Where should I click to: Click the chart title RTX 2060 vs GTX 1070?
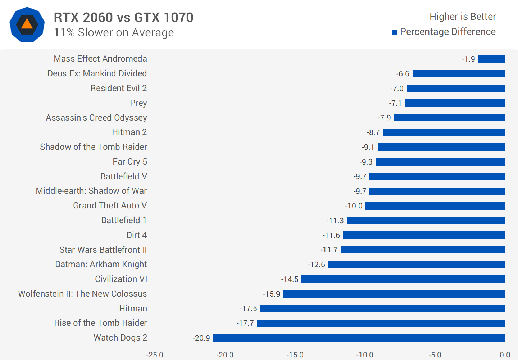(123, 17)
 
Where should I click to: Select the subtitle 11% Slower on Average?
(114, 33)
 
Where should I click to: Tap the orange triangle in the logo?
(27, 24)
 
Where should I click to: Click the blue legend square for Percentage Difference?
(395, 32)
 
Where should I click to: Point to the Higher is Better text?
(463, 17)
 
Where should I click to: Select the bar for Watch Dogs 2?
(359, 338)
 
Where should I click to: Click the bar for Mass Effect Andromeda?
(491, 59)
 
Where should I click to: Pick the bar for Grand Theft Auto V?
(435, 206)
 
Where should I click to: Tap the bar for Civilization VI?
(403, 279)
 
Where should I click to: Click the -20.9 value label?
(201, 338)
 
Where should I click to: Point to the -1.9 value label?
(468, 59)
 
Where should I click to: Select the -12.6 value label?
(316, 265)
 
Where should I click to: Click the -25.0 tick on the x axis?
(155, 355)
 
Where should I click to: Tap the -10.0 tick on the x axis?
(365, 355)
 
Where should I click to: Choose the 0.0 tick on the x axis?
(505, 355)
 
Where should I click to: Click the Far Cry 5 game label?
(129, 162)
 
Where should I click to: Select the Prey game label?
(138, 103)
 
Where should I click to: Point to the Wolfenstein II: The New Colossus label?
(82, 294)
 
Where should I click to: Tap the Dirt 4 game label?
(136, 235)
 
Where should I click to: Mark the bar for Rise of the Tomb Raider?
(381, 323)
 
